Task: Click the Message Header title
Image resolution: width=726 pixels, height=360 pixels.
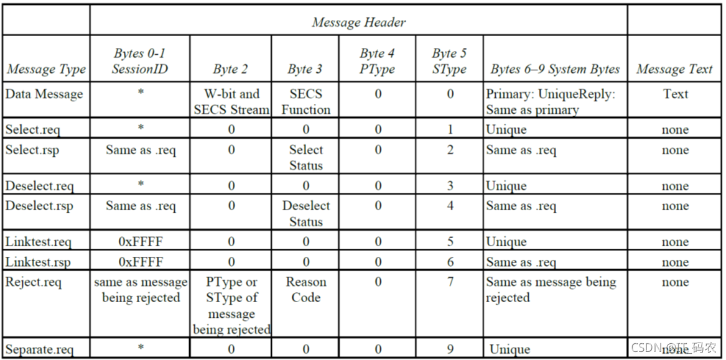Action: [x=359, y=22]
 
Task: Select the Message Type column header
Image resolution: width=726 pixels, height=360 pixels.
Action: [x=46, y=70]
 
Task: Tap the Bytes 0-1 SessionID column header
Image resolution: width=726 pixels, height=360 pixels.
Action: [x=140, y=62]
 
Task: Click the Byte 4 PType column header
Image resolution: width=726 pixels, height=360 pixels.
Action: [x=378, y=62]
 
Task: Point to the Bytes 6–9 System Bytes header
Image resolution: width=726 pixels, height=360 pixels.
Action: [x=555, y=70]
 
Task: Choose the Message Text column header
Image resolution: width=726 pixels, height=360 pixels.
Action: [x=674, y=70]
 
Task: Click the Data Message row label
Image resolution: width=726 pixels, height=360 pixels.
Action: [x=44, y=94]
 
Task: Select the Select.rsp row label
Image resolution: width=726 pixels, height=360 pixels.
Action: [x=32, y=150]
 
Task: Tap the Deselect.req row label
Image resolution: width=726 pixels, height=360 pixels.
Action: [x=39, y=186]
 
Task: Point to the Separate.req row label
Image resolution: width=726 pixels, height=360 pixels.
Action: [x=39, y=349]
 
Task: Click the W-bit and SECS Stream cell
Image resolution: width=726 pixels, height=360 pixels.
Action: [x=231, y=102]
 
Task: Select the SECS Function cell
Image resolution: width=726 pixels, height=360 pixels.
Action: [x=305, y=102]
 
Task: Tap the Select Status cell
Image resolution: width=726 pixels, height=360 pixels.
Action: [x=305, y=158]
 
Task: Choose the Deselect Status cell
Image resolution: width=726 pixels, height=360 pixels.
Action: [x=305, y=214]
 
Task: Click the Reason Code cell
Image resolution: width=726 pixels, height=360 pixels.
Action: [x=305, y=290]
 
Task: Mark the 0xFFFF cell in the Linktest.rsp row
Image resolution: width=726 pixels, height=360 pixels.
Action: [x=141, y=262]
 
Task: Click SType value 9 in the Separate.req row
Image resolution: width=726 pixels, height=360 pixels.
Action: [x=450, y=348]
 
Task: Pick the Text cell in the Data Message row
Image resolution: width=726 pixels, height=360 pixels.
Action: [x=676, y=94]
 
